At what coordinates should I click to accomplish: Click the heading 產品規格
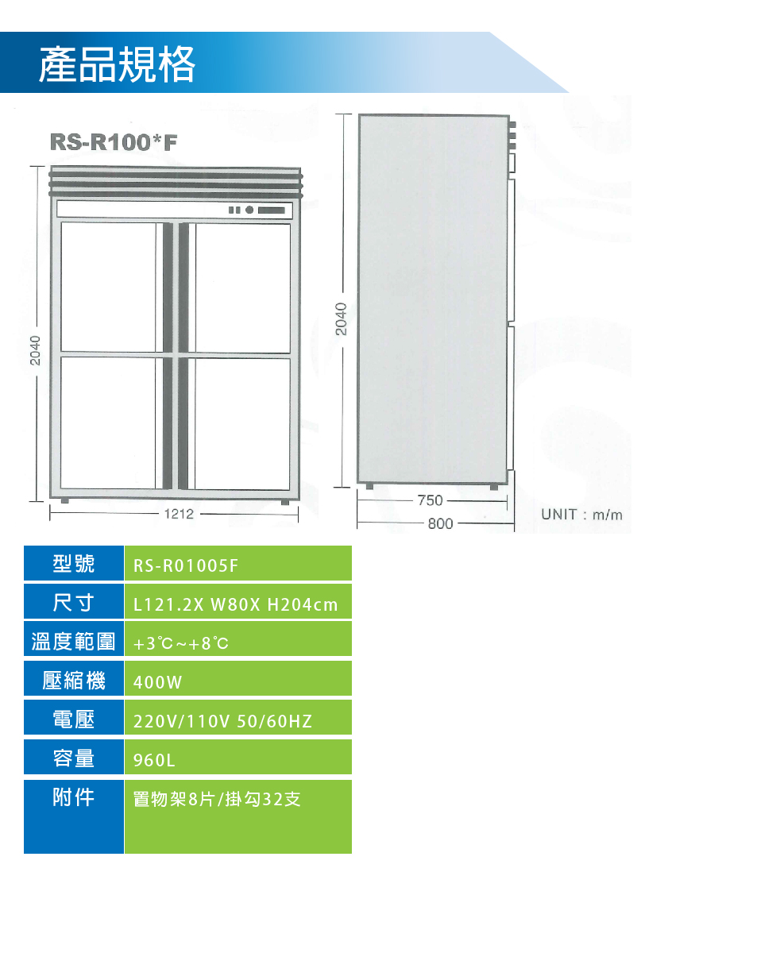117,64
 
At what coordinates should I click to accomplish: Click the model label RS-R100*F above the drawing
114,142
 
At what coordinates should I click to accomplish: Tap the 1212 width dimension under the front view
179,514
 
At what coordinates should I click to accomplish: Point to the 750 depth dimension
430,500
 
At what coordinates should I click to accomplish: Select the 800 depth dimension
440,523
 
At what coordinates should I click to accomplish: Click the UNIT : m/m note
581,515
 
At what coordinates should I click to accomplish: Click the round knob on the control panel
249,210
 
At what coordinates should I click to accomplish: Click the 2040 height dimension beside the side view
341,318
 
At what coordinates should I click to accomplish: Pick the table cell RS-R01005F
185,565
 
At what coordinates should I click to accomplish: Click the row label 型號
73,564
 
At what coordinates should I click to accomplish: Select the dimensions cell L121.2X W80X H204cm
236,605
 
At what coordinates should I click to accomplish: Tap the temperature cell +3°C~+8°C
181,643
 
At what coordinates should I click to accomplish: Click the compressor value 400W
157,682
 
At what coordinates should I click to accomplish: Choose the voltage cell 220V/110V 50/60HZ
222,721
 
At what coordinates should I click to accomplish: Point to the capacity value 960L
154,760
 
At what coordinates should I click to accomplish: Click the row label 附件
73,797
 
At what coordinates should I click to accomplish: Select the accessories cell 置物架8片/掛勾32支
217,799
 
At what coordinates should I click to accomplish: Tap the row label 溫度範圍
73,642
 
